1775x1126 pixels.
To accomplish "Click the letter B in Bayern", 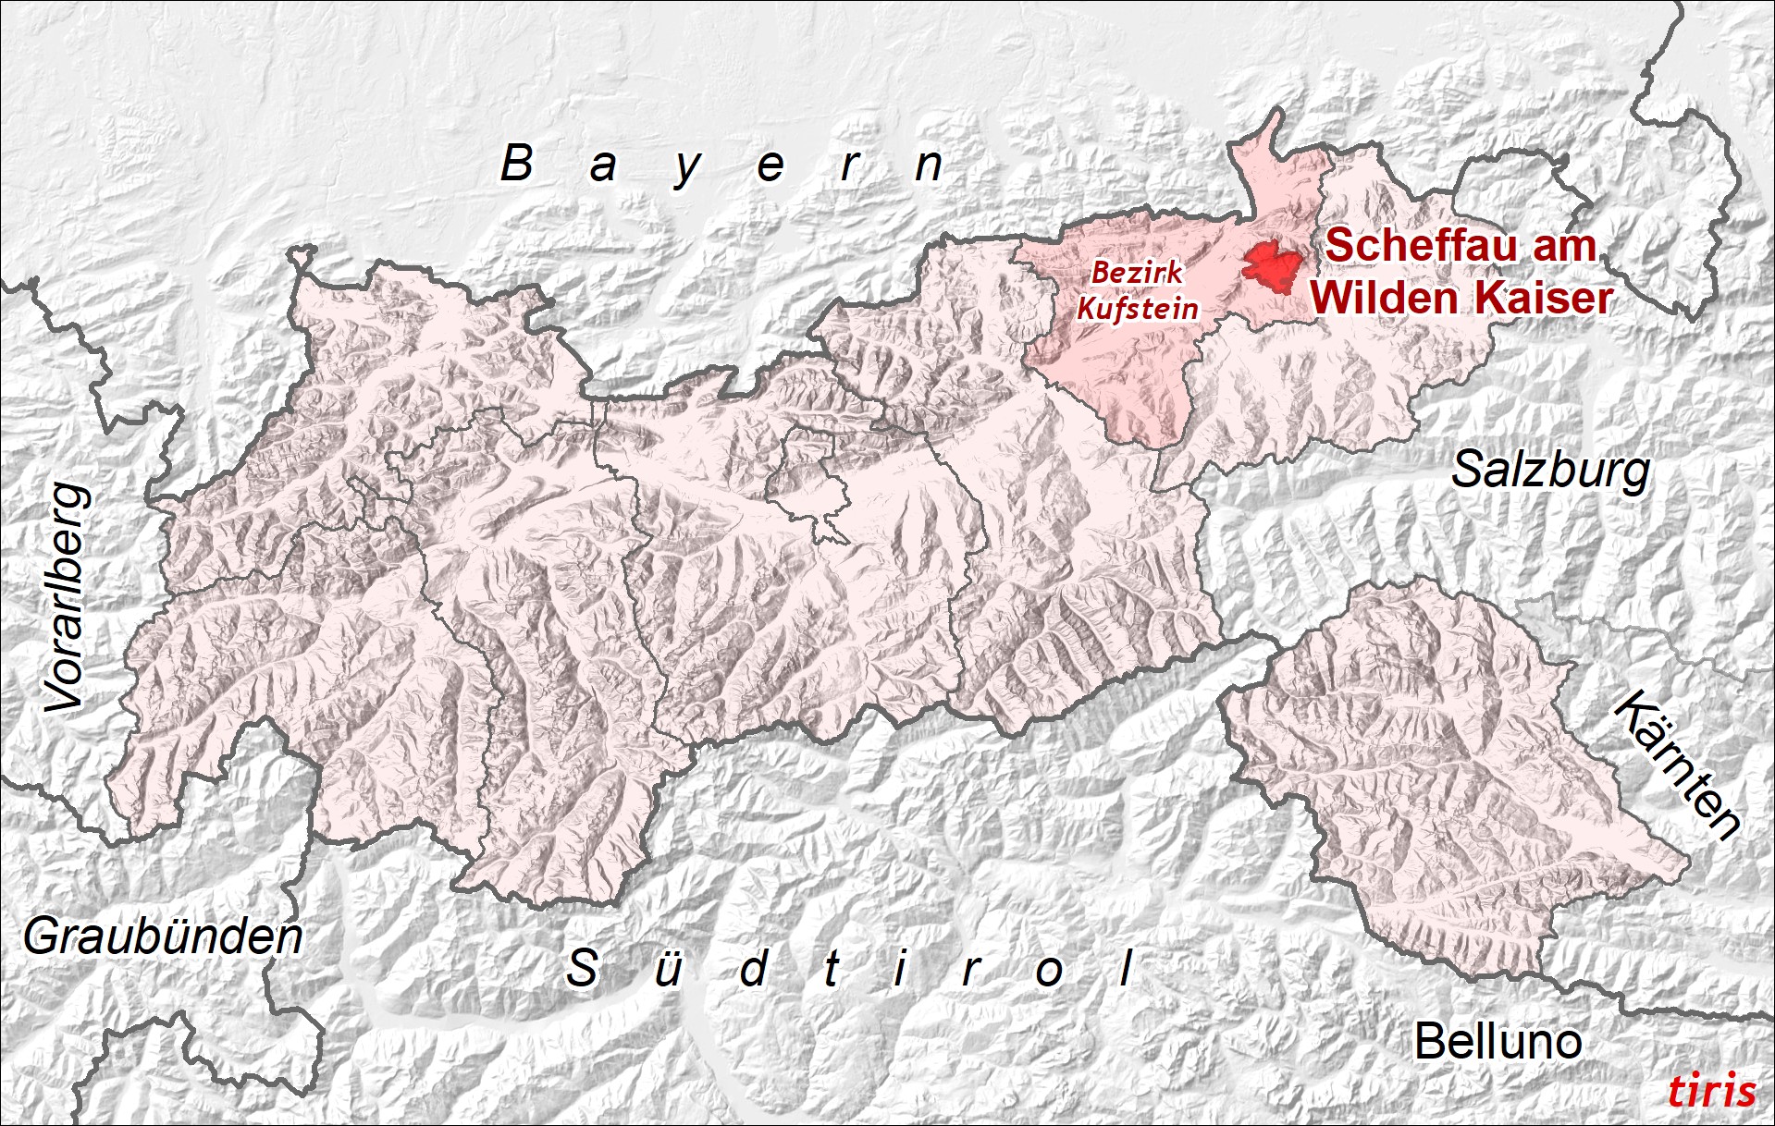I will coord(517,164).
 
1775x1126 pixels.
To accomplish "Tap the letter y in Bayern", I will coord(686,169).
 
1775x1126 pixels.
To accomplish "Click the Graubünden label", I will coord(163,937).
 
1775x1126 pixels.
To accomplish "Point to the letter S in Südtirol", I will coord(582,968).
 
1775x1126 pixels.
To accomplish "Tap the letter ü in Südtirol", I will coord(668,969).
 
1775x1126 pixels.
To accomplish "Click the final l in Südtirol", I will coord(1126,968).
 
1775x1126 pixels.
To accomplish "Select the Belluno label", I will coord(1498,1042).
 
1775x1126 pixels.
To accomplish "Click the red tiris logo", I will coord(1711,1091).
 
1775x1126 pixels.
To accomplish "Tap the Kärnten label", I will coord(1677,764).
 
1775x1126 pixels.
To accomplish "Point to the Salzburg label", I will coord(1550,471).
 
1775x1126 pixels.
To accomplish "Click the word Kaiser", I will coord(1544,298).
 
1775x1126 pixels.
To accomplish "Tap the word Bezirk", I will coord(1137,272).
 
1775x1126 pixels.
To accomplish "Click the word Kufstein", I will coord(1138,308).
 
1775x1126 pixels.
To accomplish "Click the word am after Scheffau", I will coord(1564,246).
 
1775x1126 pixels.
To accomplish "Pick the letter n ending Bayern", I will coord(928,165).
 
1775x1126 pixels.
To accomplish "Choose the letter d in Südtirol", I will coord(755,969).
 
